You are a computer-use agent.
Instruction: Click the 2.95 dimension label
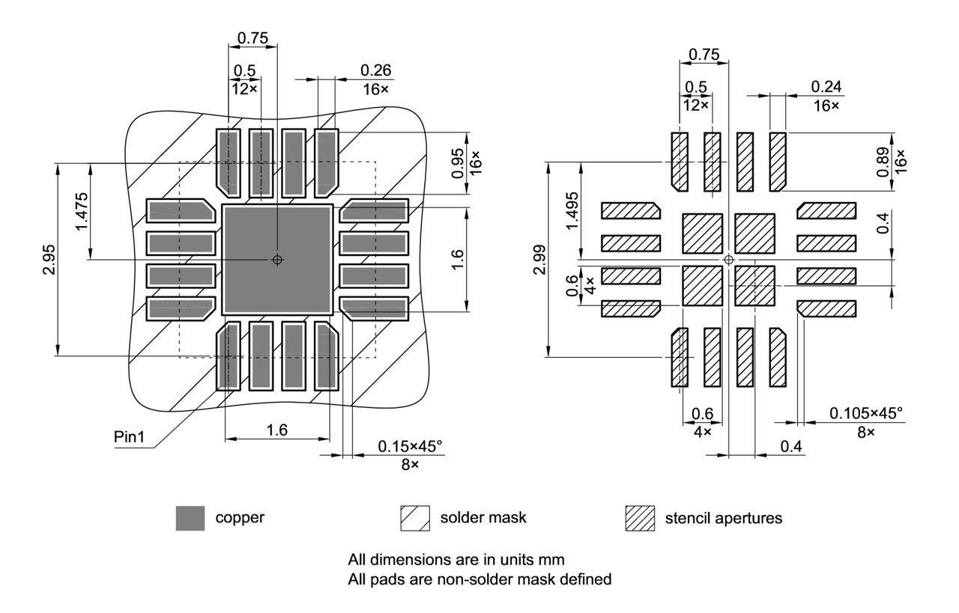(49, 260)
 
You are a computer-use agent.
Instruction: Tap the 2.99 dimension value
(539, 259)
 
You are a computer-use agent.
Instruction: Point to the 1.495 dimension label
(572, 211)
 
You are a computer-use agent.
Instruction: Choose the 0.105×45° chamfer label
(865, 413)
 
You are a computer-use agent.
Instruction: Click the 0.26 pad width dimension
(375, 70)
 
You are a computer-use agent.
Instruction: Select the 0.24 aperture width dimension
(826, 87)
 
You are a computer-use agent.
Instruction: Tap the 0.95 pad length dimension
(458, 163)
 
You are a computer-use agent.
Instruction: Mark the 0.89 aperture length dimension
(883, 162)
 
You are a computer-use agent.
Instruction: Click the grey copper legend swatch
(190, 518)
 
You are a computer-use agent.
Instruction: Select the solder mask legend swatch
(414, 518)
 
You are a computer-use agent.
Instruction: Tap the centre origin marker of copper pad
(277, 259)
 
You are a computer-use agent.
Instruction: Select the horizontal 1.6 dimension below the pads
(277, 430)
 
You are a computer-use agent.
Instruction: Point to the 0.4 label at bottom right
(791, 446)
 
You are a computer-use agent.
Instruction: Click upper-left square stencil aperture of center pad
(702, 234)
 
